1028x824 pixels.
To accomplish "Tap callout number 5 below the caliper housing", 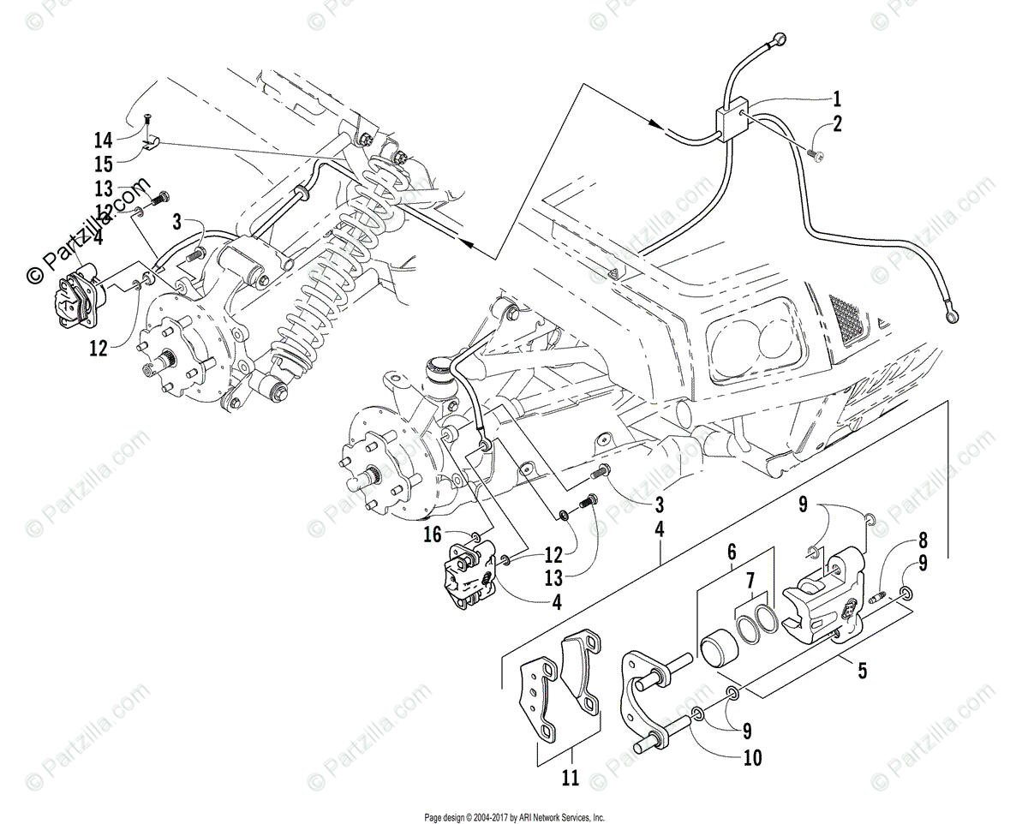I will pyautogui.click(x=860, y=670).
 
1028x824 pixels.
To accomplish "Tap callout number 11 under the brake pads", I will pyautogui.click(x=571, y=779).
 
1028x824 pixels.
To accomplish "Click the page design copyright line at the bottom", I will pyautogui.click(x=514, y=816).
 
